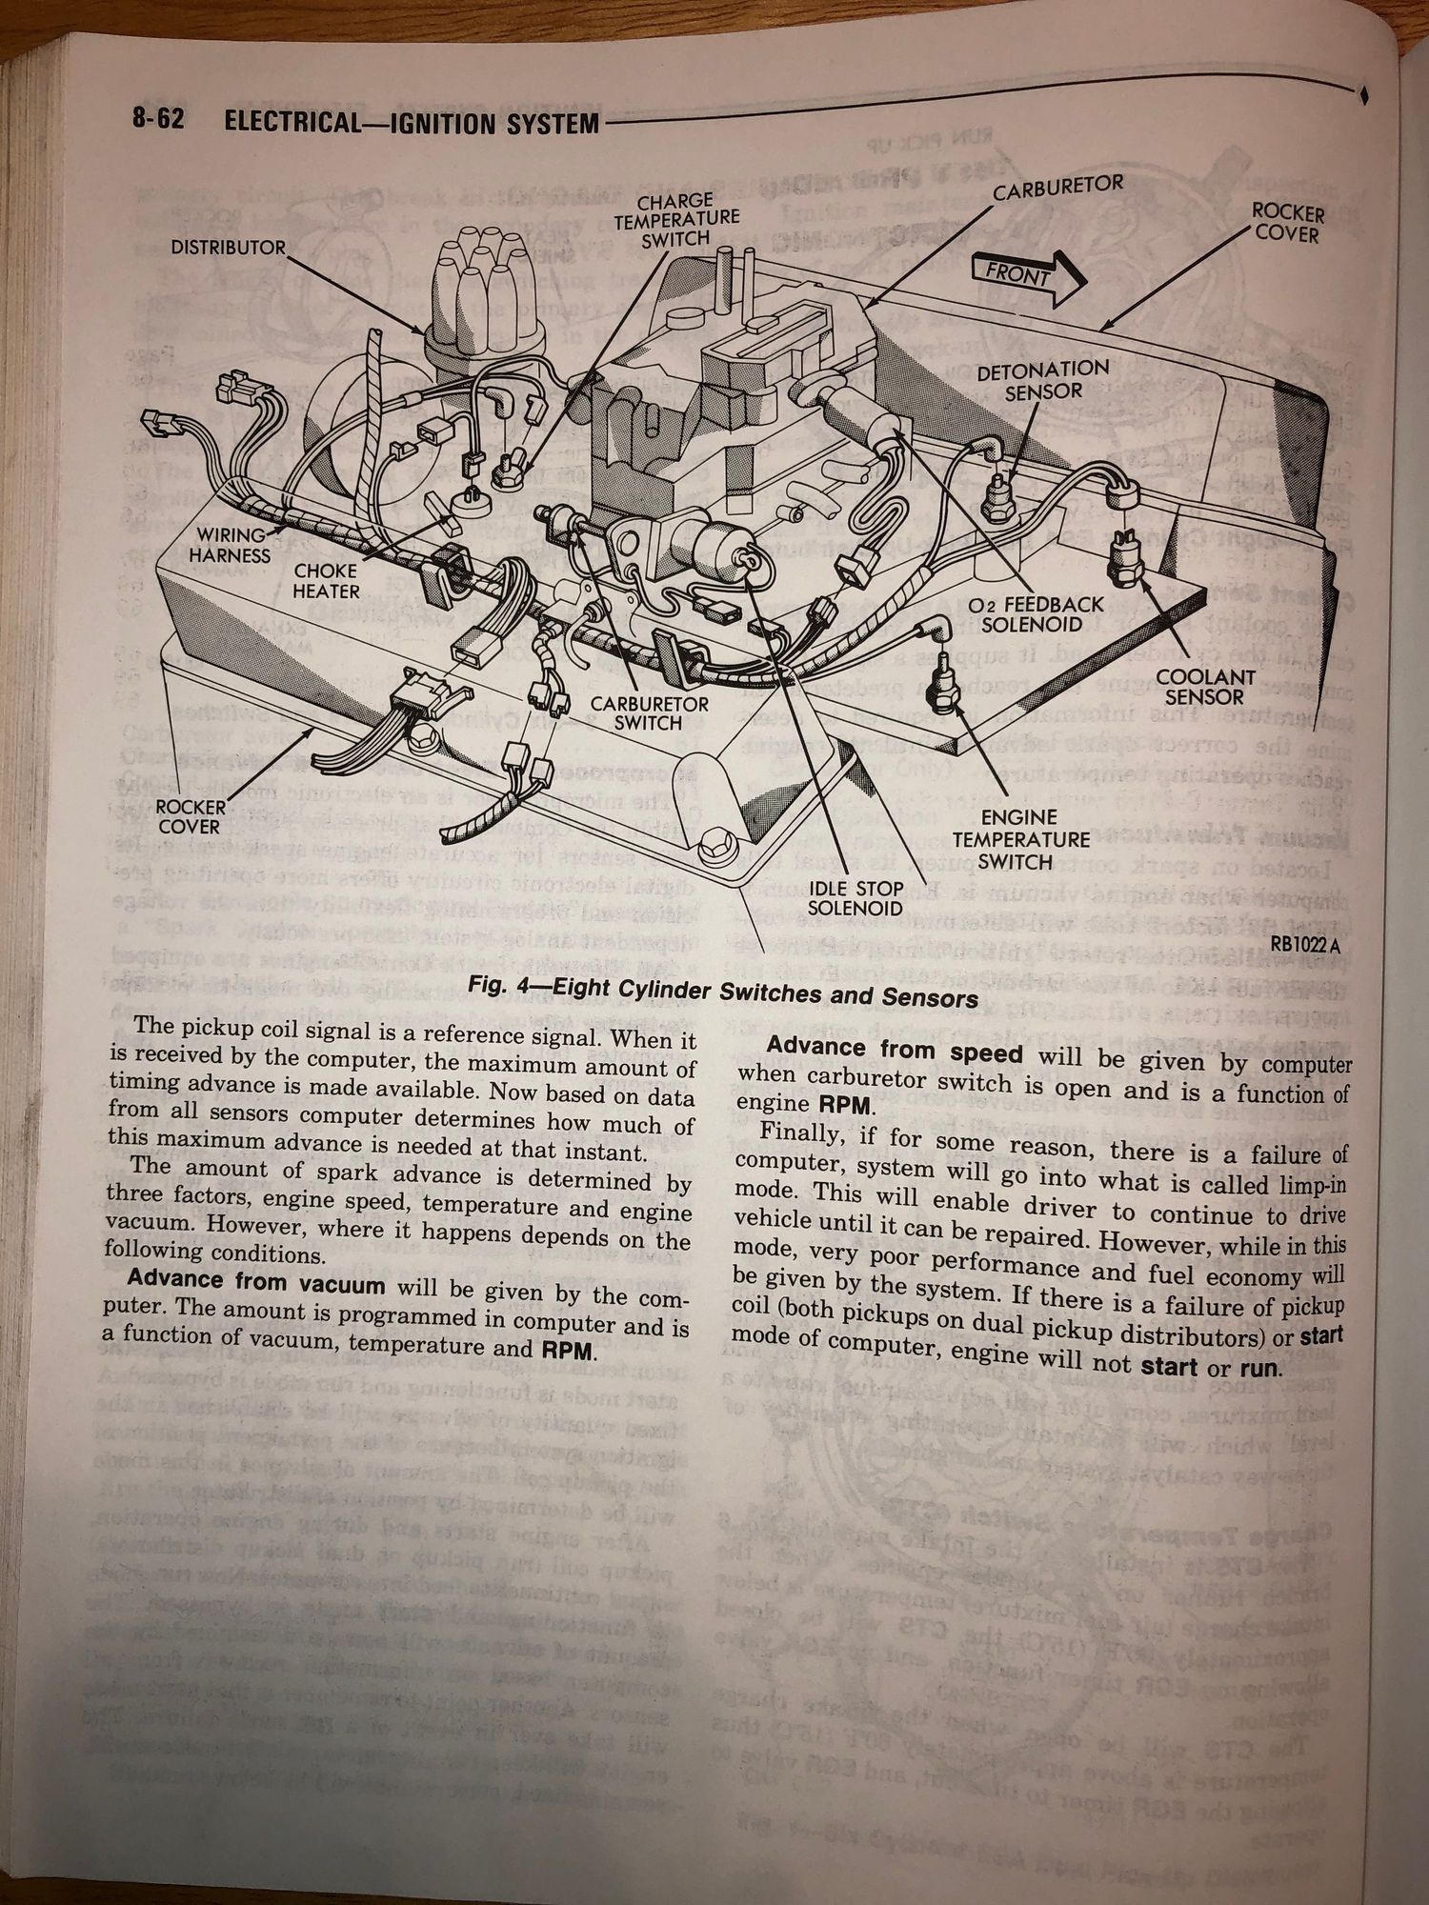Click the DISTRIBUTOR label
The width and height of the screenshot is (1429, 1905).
[x=228, y=248]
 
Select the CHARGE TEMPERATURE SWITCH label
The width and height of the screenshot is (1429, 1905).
[x=675, y=220]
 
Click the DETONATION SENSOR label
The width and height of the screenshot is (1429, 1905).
[x=1042, y=379]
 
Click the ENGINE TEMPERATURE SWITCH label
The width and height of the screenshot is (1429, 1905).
[x=1020, y=839]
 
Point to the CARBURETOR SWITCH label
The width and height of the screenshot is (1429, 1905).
[x=649, y=712]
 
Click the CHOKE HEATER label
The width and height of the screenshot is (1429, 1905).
[x=326, y=581]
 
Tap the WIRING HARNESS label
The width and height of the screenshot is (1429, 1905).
[x=230, y=544]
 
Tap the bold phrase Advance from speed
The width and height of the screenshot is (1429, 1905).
[x=895, y=1052]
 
